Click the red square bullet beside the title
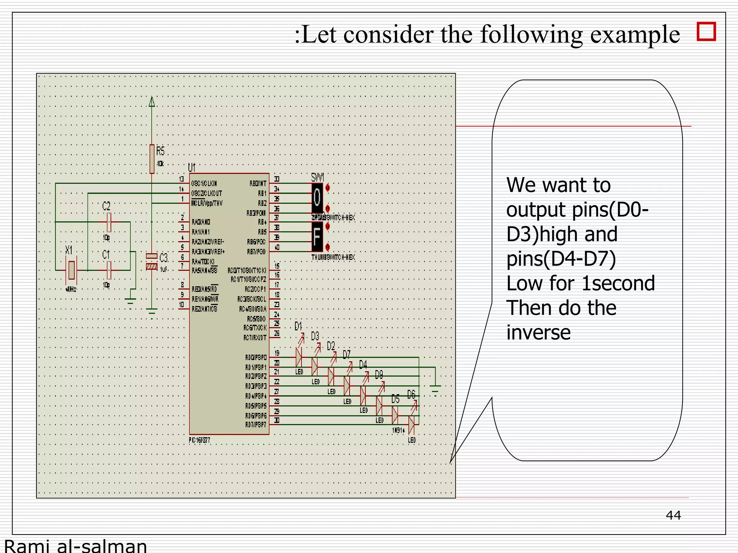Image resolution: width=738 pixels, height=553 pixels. point(706,32)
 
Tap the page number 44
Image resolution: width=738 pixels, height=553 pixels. point(673,515)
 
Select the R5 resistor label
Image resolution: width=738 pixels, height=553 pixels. point(160,151)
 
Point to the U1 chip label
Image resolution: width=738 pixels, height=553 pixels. point(191,167)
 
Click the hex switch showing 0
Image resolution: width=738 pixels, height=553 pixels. point(317,197)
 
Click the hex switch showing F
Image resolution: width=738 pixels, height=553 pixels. point(317,237)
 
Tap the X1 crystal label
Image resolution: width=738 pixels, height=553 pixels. point(69,250)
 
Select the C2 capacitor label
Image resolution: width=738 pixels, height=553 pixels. point(106,206)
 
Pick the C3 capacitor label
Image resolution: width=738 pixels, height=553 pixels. point(164,258)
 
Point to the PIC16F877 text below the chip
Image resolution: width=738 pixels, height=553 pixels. point(199,440)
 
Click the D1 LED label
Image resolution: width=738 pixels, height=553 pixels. point(298,326)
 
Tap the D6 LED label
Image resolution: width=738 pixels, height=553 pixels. point(411,395)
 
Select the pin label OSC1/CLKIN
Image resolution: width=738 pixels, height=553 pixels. point(204,184)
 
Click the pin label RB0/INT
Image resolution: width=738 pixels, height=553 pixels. point(258,184)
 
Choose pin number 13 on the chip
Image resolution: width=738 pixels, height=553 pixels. point(182,179)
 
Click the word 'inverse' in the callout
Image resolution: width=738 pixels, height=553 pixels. point(538,332)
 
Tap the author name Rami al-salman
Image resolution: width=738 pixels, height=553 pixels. point(75,546)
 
